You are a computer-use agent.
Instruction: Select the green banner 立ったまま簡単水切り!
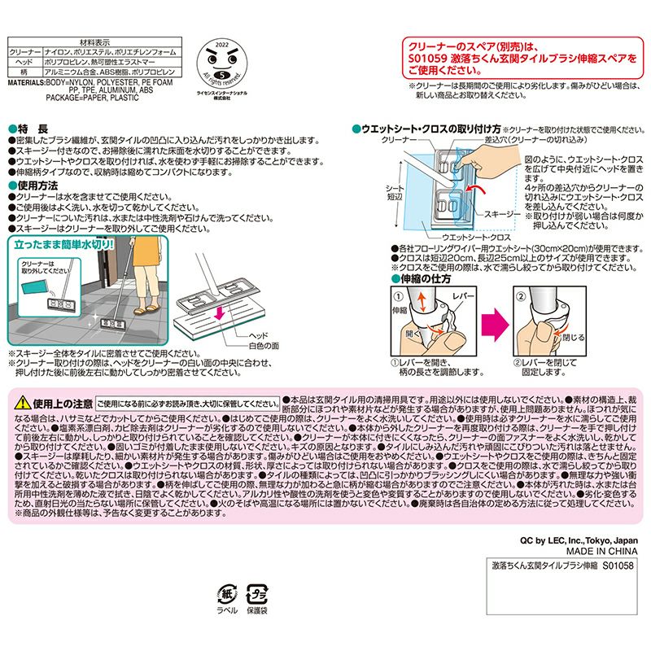click(x=64, y=242)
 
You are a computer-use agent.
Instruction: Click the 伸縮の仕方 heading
click(x=419, y=278)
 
